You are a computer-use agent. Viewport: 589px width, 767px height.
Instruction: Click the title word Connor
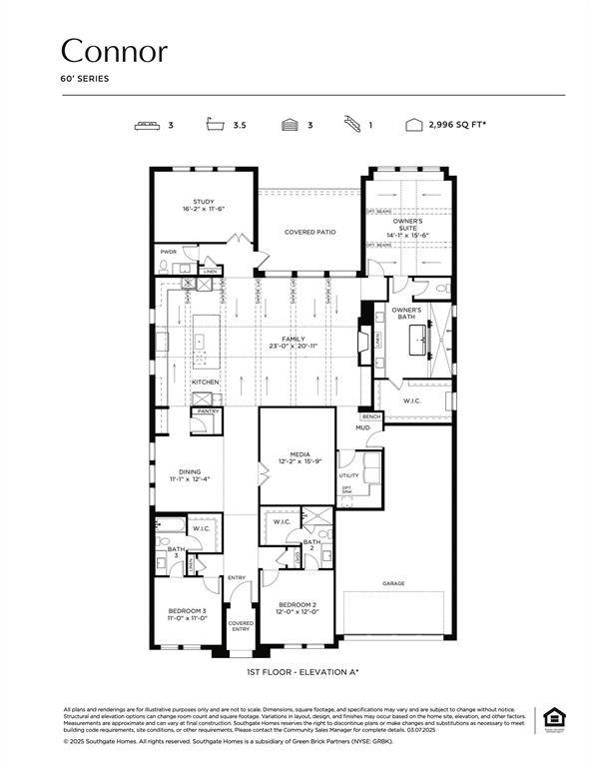click(114, 51)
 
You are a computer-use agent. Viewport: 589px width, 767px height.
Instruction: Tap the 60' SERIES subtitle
click(86, 78)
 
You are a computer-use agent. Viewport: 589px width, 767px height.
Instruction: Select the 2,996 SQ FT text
click(465, 126)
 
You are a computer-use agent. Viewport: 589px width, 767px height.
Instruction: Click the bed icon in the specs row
click(148, 126)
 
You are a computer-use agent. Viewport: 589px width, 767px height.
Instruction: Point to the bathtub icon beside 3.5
click(213, 126)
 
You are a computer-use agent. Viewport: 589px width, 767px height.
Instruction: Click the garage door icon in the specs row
click(290, 126)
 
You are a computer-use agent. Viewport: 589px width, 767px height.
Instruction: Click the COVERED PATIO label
click(309, 232)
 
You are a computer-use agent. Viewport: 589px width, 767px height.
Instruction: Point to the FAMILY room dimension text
click(293, 346)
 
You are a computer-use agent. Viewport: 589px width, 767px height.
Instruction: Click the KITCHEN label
click(205, 382)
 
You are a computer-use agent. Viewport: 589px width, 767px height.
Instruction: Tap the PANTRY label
click(208, 410)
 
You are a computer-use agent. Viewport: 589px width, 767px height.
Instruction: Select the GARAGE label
click(393, 583)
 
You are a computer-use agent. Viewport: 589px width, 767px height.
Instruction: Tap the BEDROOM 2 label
click(297, 605)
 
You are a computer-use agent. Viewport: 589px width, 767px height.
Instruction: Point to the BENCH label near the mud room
click(371, 416)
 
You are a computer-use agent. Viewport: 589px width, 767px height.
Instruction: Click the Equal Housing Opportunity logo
click(551, 718)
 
